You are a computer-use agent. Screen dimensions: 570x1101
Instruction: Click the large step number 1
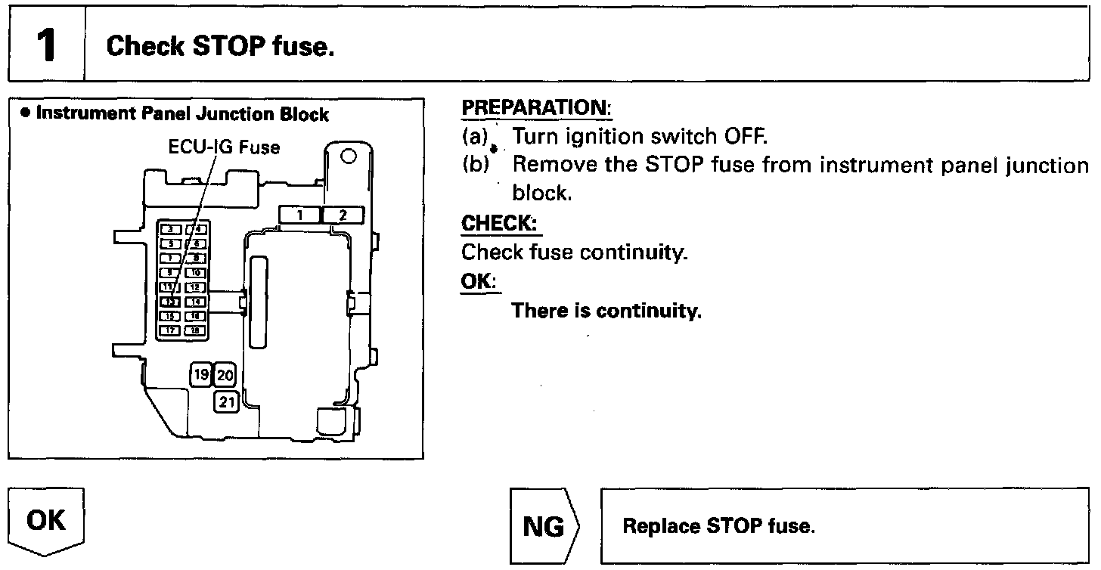coord(46,45)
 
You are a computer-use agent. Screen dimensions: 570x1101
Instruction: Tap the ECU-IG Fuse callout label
coord(224,147)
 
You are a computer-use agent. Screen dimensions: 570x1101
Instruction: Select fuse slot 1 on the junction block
coord(299,215)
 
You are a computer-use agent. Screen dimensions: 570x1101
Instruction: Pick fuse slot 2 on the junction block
coord(343,215)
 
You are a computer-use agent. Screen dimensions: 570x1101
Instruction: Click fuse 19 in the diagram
coord(200,374)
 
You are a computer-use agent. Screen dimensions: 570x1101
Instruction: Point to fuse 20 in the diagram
coord(226,374)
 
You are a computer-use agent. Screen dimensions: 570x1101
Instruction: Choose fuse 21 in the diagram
coord(226,402)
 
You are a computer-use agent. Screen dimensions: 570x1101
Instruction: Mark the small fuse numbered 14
coord(195,302)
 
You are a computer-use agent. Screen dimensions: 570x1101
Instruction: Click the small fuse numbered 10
coord(195,273)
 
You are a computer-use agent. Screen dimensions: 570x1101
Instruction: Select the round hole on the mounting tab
coord(349,157)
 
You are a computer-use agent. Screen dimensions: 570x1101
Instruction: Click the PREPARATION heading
coord(536,108)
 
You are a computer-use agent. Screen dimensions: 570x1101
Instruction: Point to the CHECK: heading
coord(501,225)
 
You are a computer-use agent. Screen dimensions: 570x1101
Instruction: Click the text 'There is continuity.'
coord(606,311)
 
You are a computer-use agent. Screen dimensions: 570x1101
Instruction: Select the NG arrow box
coord(544,526)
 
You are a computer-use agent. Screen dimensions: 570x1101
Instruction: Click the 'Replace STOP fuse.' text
coord(718,526)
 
